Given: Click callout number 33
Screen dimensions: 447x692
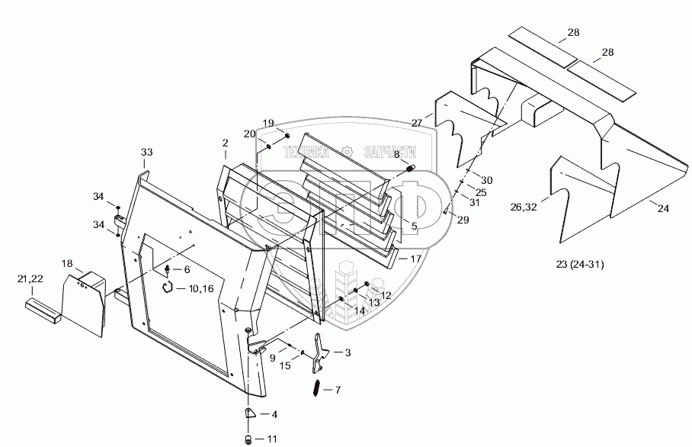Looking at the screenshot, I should (x=147, y=153).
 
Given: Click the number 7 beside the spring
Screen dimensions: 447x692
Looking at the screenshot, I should (x=338, y=389).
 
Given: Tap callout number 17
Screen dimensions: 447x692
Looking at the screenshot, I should (x=415, y=259).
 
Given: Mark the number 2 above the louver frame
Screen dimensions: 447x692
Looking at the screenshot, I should (x=225, y=143).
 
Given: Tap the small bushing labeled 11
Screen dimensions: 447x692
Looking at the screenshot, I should (x=248, y=439).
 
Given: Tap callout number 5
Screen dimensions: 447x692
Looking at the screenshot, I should (x=414, y=227).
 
